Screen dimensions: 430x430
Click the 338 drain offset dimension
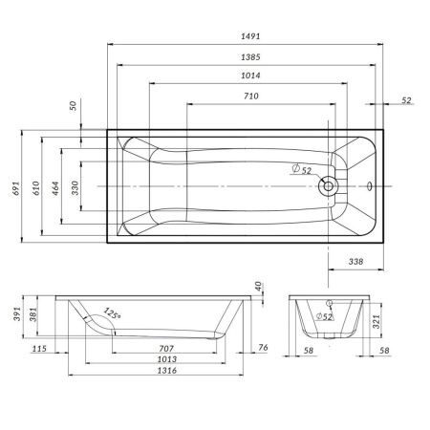click(x=354, y=260)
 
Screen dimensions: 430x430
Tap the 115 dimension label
click(x=38, y=349)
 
